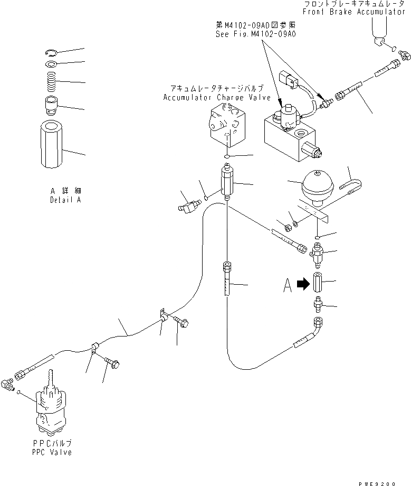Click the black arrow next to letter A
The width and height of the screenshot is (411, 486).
point(303,284)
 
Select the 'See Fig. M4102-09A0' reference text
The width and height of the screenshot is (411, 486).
point(255,33)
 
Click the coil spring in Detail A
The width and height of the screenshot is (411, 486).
point(52,81)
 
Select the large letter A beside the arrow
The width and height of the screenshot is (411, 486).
point(288,285)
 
